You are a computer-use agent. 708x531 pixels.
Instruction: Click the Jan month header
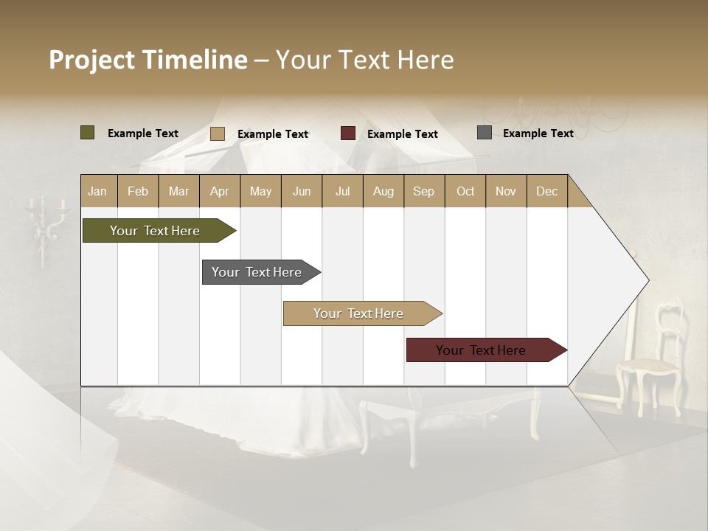(97, 191)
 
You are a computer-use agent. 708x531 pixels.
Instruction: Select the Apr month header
(219, 191)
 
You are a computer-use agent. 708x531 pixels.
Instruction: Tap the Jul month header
(342, 191)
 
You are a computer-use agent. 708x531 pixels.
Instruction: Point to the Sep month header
(423, 191)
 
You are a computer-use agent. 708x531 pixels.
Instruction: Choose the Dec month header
(546, 191)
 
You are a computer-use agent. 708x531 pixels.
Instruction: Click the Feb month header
(138, 191)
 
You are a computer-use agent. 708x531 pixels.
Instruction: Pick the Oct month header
(465, 191)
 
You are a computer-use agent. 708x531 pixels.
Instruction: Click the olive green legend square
(88, 133)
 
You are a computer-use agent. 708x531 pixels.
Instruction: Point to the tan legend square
(218, 133)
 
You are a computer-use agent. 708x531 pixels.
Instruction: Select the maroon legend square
(348, 133)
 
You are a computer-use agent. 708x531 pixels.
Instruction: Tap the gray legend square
(485, 133)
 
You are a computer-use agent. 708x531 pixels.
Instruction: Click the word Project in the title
(92, 60)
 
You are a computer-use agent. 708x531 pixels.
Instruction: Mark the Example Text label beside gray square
(538, 133)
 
